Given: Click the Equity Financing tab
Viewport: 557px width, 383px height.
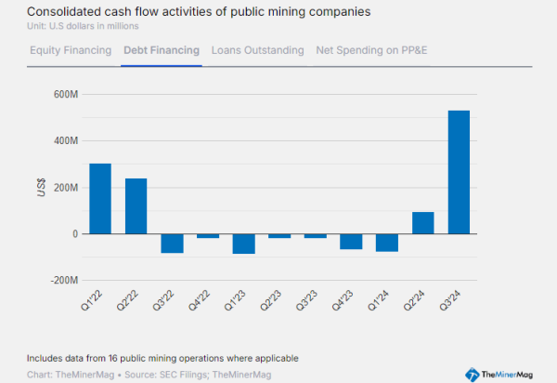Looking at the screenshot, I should [71, 50].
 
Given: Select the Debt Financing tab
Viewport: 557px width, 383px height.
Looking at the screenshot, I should [162, 50].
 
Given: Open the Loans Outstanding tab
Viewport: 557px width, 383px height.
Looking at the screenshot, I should [257, 50].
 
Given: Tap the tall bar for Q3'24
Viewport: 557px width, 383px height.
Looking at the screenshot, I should [459, 172].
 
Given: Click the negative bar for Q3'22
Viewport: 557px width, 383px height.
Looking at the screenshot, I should [172, 244].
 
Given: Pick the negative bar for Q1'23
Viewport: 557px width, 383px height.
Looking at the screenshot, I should [244, 244].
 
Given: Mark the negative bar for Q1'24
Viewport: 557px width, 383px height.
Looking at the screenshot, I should [387, 243].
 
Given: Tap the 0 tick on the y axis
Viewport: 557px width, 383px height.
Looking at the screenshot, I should [72, 234].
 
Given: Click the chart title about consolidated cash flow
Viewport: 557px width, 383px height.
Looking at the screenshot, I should [186, 11].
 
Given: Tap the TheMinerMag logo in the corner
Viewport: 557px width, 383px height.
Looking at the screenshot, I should [506, 373].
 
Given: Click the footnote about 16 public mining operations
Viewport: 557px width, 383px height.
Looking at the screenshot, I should [162, 358].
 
